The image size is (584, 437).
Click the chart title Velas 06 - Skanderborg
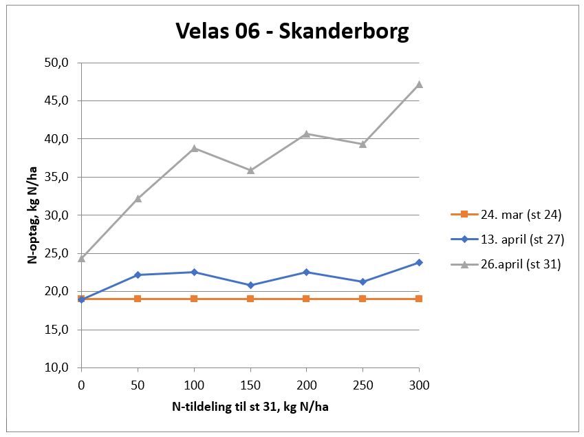[292, 31]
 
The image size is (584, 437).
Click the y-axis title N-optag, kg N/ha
[32, 215]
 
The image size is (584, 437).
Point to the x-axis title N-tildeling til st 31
[250, 407]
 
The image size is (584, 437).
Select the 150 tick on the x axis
[250, 385]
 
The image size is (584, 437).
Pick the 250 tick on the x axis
[363, 385]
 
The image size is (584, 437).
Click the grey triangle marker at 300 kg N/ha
[419, 84]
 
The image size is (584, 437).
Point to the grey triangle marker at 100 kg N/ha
[194, 148]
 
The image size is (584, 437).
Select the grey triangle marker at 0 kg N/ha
[82, 258]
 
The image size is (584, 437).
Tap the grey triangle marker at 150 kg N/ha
[250, 170]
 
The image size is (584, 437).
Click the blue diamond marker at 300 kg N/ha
[419, 262]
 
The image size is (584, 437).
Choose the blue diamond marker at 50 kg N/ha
[138, 275]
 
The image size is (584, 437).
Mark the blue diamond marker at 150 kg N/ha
[250, 285]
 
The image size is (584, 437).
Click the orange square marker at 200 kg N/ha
[306, 299]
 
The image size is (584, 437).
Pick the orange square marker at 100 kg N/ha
[194, 299]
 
